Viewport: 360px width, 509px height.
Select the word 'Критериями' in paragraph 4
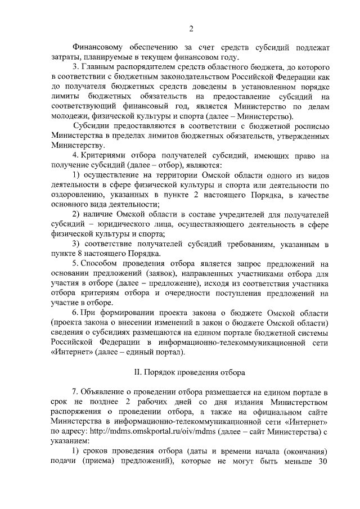coord(106,155)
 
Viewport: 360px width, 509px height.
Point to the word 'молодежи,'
coord(70,116)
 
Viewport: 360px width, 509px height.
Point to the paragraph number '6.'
coord(76,312)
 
